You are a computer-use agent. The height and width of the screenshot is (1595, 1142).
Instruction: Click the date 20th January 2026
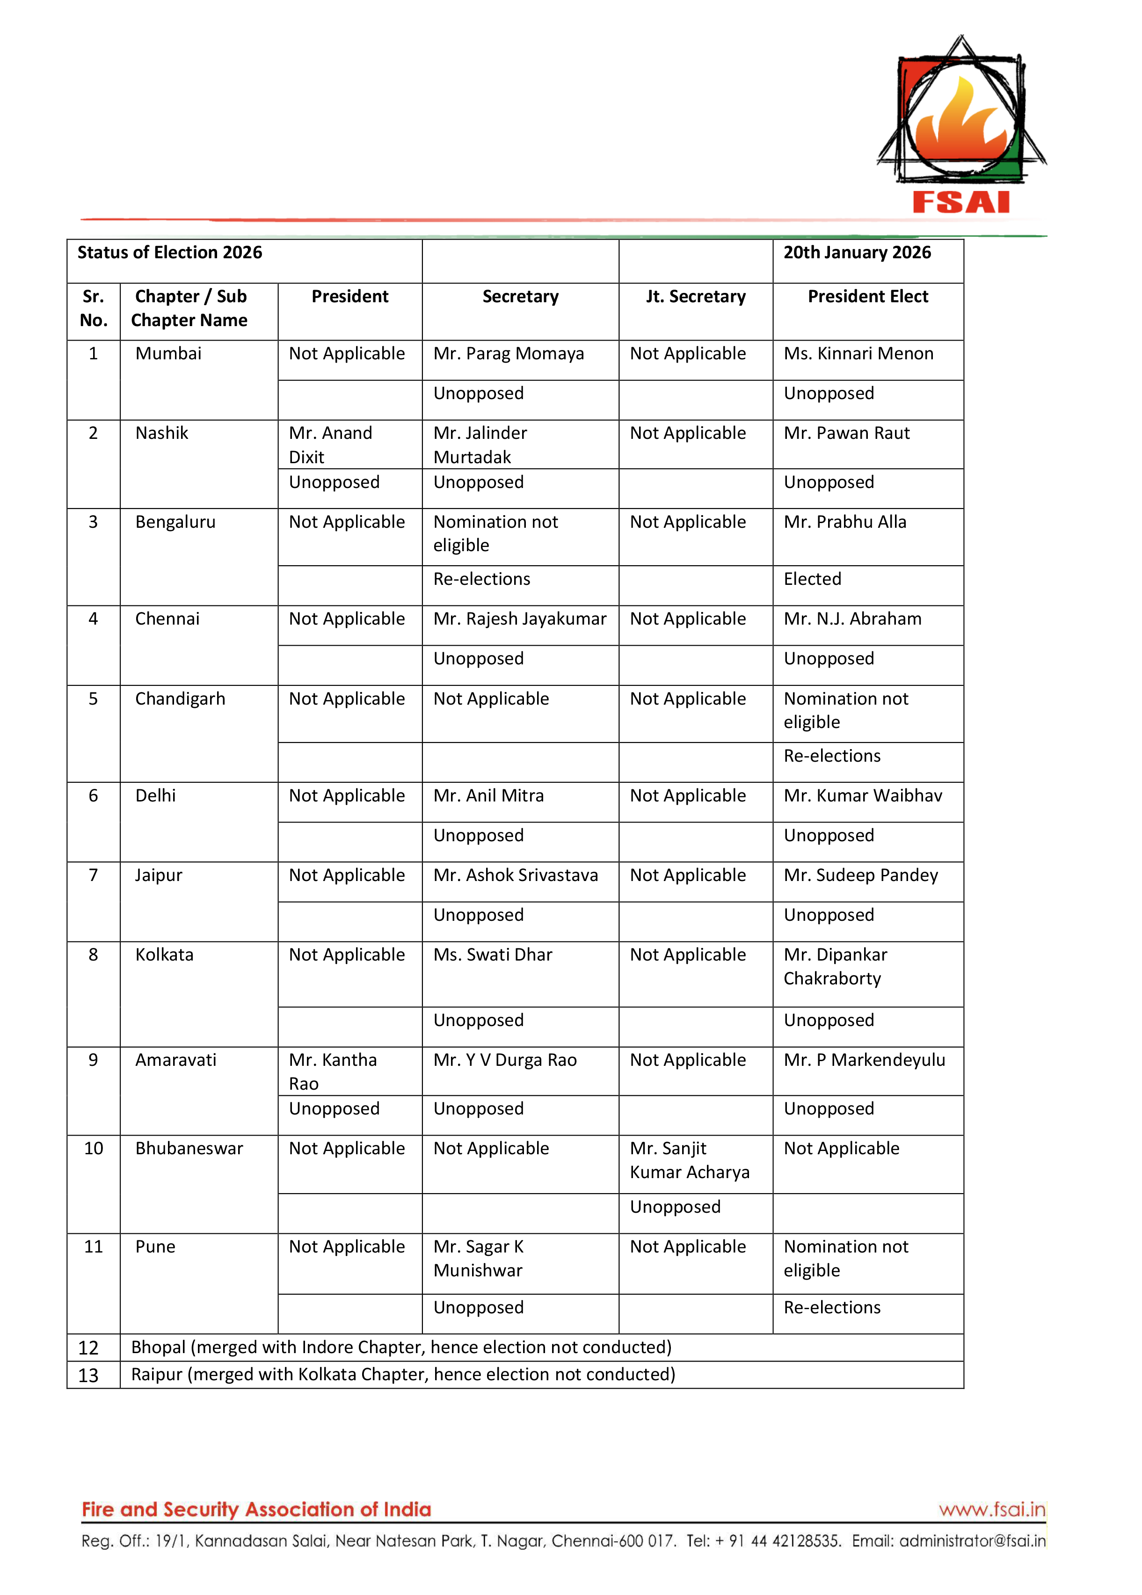point(857,253)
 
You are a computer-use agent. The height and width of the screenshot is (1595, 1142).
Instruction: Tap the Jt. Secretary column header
point(696,297)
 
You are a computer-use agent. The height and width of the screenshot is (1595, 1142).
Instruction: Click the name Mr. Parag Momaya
point(509,354)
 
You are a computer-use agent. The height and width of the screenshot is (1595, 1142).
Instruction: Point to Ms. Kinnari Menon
point(858,354)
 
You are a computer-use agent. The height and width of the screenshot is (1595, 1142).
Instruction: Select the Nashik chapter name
point(162,433)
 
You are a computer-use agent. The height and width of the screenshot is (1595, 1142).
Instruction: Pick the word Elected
point(812,579)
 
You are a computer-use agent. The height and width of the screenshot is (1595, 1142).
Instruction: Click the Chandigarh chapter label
point(180,699)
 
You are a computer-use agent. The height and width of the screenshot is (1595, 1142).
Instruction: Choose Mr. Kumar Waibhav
point(862,795)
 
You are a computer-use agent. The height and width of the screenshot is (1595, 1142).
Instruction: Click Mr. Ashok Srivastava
point(516,875)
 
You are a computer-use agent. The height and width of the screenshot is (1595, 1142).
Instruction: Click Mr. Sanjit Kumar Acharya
point(689,1160)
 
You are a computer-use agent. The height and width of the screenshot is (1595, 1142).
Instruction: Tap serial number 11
point(94,1247)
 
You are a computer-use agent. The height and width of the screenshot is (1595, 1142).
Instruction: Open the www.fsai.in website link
point(991,1509)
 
